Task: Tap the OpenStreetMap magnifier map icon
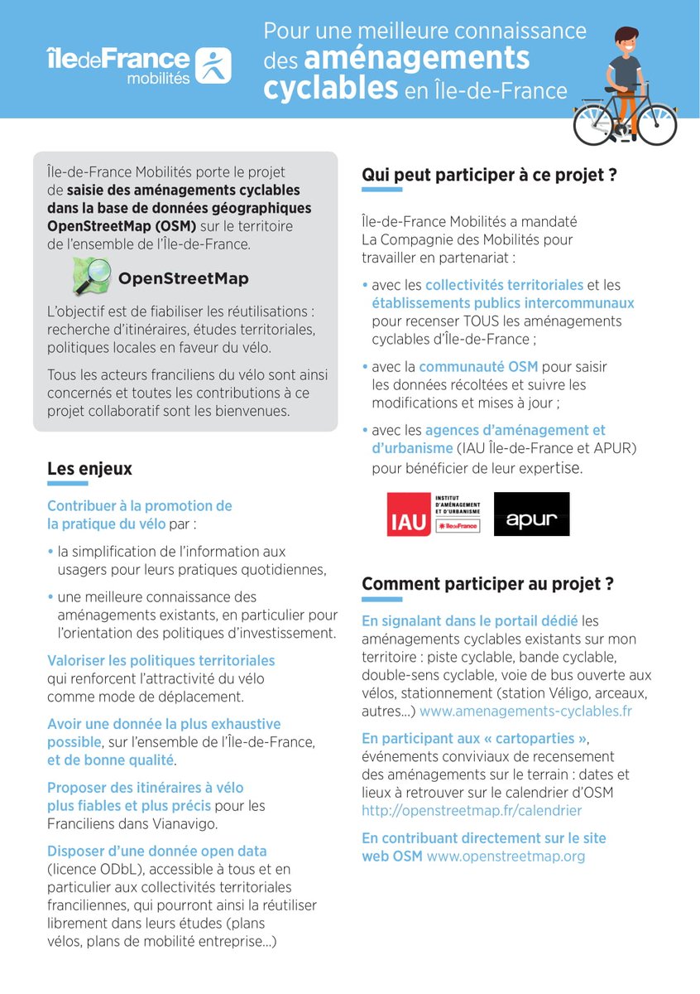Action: tap(92, 277)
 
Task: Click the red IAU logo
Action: tap(408, 514)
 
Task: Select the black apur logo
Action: tap(531, 514)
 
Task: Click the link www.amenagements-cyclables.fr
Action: tap(525, 711)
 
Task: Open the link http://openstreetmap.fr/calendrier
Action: tap(472, 810)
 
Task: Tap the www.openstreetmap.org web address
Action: tap(506, 856)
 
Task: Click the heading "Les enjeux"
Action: tap(89, 469)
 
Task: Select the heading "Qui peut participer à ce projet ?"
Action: tap(490, 175)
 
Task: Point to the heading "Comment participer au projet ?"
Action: tap(487, 583)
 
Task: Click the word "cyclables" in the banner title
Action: tap(331, 89)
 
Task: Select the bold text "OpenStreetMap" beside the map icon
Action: tap(184, 278)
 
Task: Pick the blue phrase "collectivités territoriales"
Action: tap(505, 285)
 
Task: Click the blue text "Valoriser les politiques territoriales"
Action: tap(161, 660)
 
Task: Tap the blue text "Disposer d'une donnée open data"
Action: tap(156, 851)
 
